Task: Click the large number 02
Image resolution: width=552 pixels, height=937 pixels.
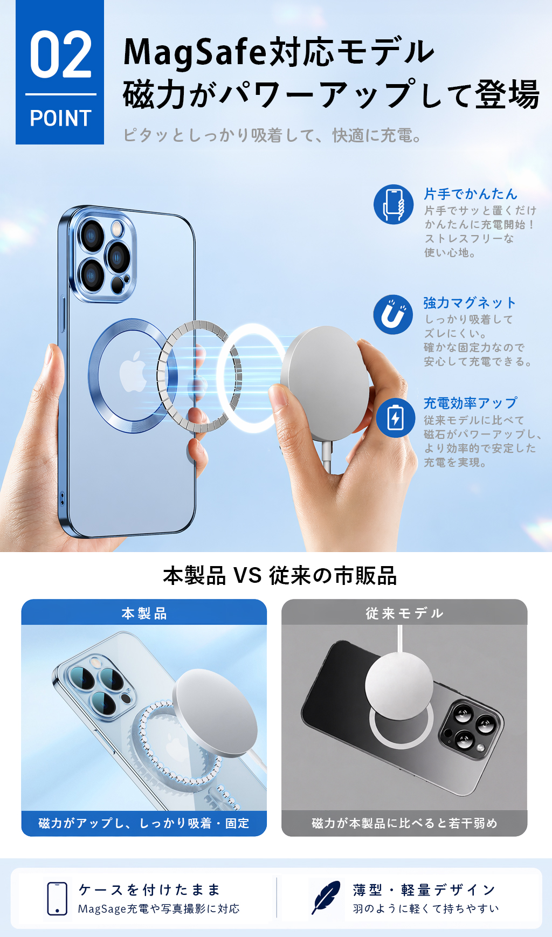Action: click(x=60, y=54)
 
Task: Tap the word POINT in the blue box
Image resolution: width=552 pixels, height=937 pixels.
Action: click(x=60, y=118)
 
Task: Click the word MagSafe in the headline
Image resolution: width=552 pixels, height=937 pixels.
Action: click(x=195, y=53)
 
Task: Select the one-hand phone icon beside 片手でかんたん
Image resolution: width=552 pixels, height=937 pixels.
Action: click(x=394, y=204)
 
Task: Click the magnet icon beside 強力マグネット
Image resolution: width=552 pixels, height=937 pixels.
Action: click(x=394, y=314)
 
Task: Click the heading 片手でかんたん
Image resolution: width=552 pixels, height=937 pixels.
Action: click(x=471, y=194)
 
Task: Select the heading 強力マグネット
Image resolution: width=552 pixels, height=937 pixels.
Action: click(x=470, y=302)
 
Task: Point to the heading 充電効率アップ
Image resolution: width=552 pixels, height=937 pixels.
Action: click(x=470, y=403)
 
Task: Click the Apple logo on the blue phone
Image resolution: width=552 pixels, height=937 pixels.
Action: click(x=133, y=373)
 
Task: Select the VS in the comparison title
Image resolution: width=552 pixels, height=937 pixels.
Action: click(x=247, y=576)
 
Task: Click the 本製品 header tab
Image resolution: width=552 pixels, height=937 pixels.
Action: click(x=144, y=612)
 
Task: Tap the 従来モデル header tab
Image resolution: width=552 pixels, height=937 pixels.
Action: click(x=404, y=612)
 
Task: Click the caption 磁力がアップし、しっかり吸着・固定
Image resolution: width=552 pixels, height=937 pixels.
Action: click(x=144, y=823)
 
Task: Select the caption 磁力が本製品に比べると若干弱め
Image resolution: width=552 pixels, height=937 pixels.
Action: click(x=404, y=823)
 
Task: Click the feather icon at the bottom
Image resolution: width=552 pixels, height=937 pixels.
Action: click(x=326, y=898)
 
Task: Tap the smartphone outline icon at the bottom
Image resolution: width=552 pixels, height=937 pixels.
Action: click(x=57, y=898)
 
